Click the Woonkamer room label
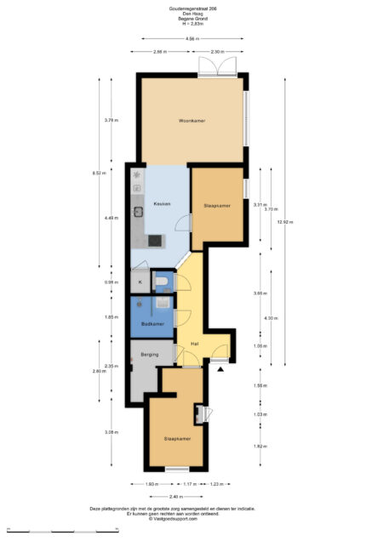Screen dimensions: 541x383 click(x=191, y=121)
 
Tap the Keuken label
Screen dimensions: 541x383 click(x=162, y=204)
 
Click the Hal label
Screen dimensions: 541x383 click(x=195, y=344)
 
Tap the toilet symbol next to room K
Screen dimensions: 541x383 click(x=161, y=282)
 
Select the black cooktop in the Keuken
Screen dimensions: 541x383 click(x=154, y=241)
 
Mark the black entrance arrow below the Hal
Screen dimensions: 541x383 click(x=220, y=369)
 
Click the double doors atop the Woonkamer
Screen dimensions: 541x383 click(x=216, y=67)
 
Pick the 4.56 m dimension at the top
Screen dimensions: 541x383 click(x=191, y=39)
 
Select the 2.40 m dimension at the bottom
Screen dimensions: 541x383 click(x=174, y=497)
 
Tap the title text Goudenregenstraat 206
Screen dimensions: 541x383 click(x=191, y=9)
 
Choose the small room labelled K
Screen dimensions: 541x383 click(x=139, y=282)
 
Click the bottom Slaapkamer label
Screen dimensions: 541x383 click(x=177, y=439)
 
